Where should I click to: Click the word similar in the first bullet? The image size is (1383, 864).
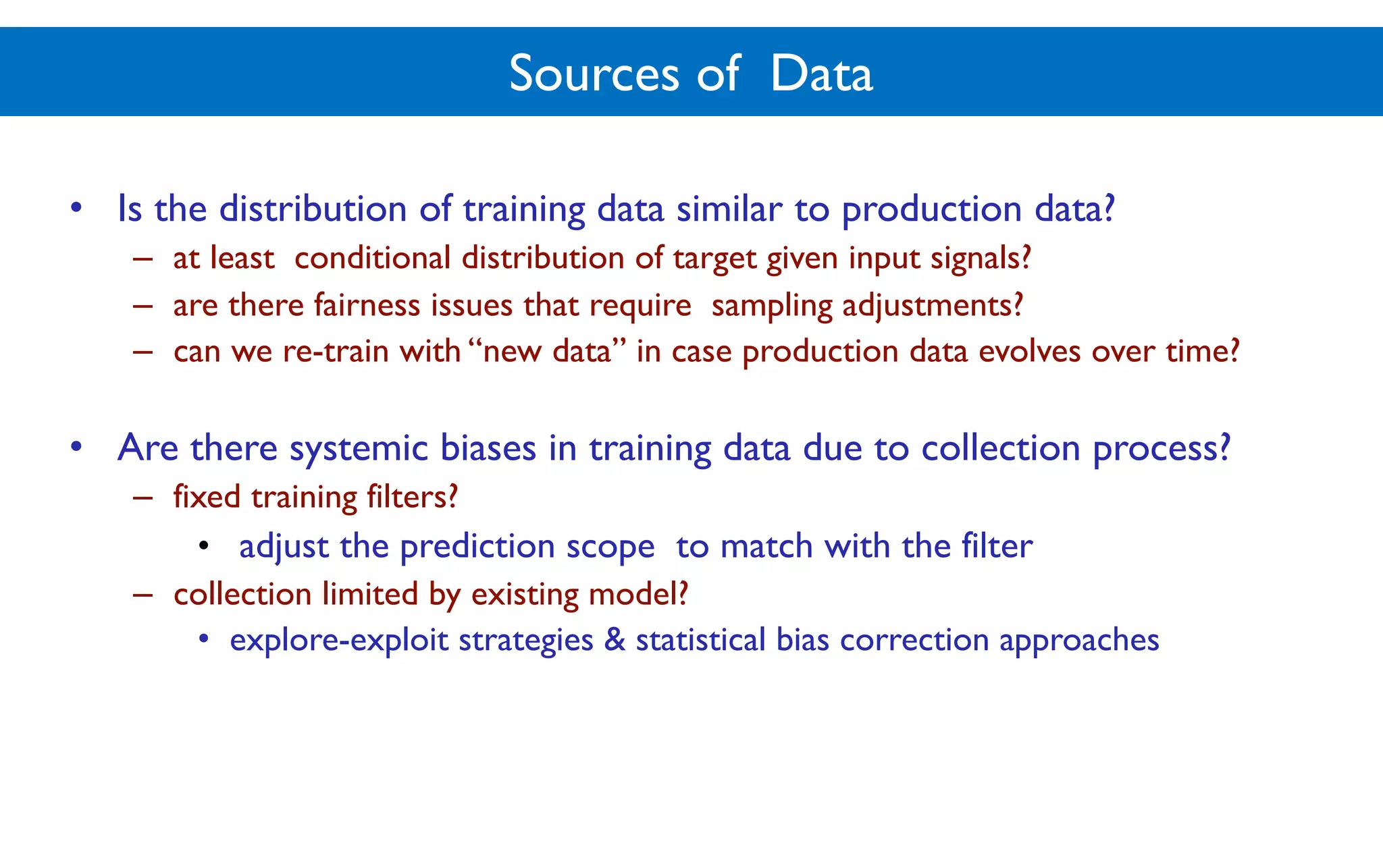[x=729, y=209]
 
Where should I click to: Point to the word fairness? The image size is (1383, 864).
[x=367, y=305]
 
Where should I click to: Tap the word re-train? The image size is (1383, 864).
[x=335, y=352]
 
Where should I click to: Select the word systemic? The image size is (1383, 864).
[x=359, y=448]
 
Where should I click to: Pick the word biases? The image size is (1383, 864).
[x=488, y=448]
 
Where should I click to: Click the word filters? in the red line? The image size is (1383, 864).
[x=412, y=497]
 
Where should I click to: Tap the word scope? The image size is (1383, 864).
[x=610, y=547]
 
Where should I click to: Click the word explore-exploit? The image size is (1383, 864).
[x=338, y=641]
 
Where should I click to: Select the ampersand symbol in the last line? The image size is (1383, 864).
[x=615, y=640]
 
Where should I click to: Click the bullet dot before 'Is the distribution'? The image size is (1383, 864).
[x=76, y=207]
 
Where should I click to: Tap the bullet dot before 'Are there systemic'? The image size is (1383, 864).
[x=76, y=446]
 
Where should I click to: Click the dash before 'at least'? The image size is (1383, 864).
[x=142, y=259]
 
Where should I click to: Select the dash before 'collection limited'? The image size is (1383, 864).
[x=142, y=595]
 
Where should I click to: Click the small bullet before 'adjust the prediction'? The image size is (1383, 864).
[x=204, y=545]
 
